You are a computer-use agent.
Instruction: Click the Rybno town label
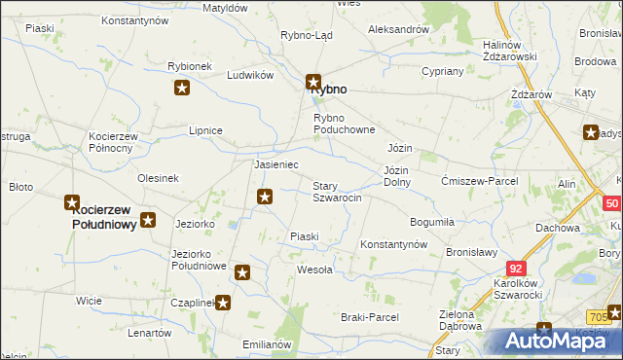click(x=328, y=89)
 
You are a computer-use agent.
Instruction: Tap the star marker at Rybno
click(x=313, y=83)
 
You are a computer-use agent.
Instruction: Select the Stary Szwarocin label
click(x=337, y=192)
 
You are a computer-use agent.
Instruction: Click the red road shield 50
click(x=611, y=203)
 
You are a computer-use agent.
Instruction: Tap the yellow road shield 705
click(x=601, y=316)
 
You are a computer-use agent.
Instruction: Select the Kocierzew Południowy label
click(x=102, y=216)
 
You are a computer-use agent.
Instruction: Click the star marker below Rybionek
click(x=182, y=90)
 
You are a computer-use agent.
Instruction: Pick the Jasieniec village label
click(x=275, y=165)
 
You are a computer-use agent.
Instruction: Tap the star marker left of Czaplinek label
click(x=223, y=303)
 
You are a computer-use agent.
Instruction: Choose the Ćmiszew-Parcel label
click(x=479, y=181)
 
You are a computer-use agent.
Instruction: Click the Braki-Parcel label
click(x=370, y=317)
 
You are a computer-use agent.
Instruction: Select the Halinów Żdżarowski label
click(x=510, y=51)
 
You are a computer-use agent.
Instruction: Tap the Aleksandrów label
click(x=398, y=29)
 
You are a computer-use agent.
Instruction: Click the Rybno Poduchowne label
click(x=344, y=124)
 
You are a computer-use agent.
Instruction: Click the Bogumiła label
click(x=432, y=222)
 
